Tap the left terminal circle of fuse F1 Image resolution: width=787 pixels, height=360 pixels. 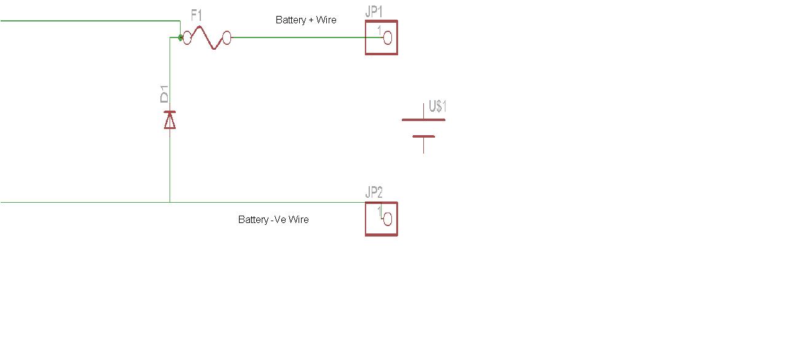point(188,37)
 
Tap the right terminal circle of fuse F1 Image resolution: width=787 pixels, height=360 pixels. point(226,38)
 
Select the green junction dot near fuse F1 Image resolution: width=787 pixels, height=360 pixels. point(180,37)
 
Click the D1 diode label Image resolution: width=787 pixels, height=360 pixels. point(164,95)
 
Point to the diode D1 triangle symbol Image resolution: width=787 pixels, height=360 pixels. point(170,120)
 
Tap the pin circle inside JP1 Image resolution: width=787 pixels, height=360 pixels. point(387,38)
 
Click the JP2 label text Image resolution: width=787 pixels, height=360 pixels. point(374,192)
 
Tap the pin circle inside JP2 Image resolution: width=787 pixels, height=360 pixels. point(387,219)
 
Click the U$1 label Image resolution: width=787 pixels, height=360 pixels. point(437,106)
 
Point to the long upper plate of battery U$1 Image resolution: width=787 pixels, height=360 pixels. point(423,120)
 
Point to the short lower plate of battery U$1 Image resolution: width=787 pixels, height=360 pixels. point(423,136)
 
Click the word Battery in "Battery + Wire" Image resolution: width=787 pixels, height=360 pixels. point(291,20)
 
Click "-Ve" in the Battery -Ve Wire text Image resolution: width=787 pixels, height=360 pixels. point(278,219)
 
